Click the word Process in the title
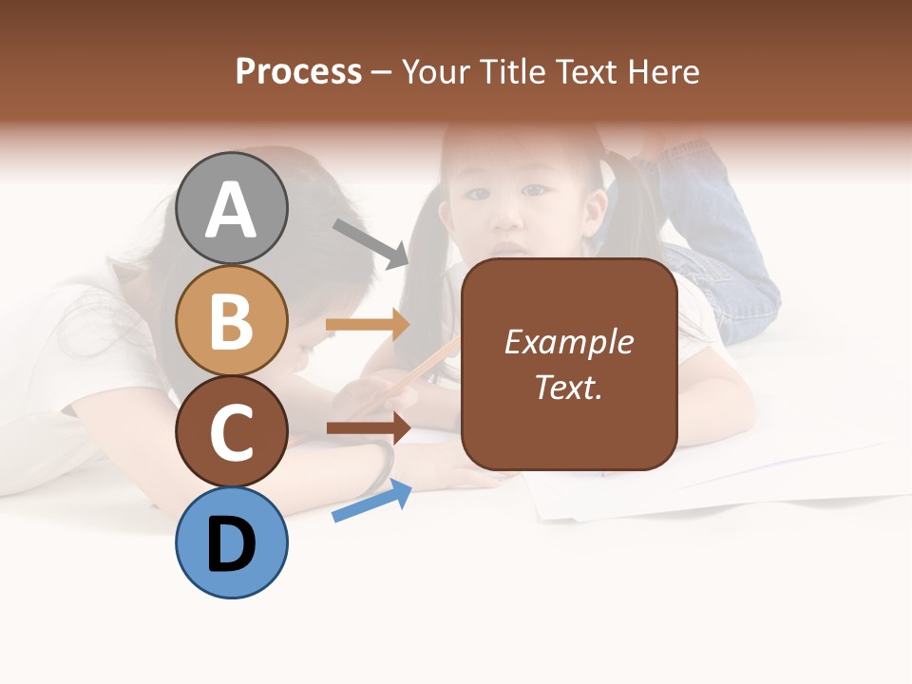pyautogui.click(x=298, y=71)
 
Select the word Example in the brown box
pyautogui.click(x=569, y=342)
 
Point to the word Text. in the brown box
pyautogui.click(x=569, y=388)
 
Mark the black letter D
pyautogui.click(x=232, y=544)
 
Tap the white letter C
pyautogui.click(x=232, y=433)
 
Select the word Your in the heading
pyautogui.click(x=436, y=71)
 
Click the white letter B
pyautogui.click(x=232, y=321)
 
